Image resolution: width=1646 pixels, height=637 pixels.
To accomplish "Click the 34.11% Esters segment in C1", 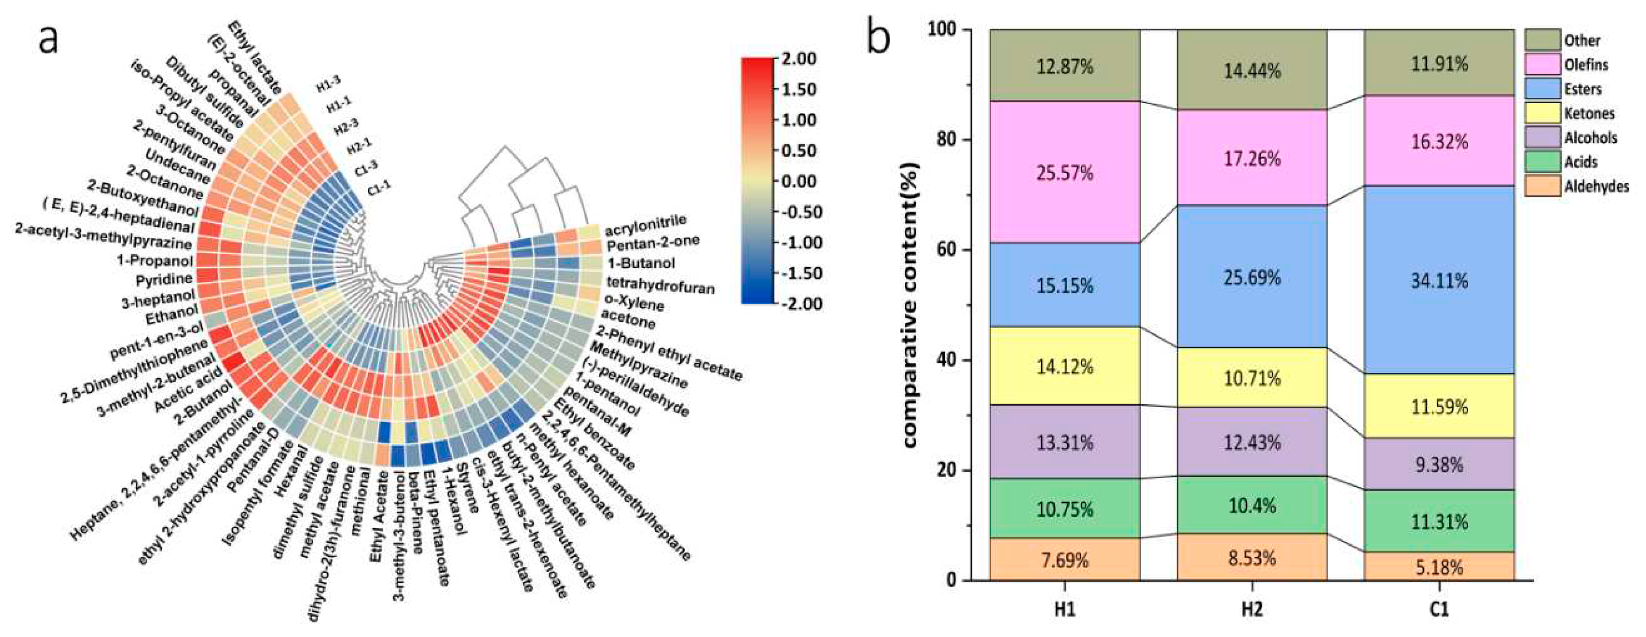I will [1439, 280].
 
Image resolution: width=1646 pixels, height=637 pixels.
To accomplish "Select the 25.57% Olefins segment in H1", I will [1064, 172].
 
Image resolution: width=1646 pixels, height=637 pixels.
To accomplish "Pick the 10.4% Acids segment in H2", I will [1252, 505].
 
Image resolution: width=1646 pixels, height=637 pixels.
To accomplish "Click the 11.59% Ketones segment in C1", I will [1439, 407].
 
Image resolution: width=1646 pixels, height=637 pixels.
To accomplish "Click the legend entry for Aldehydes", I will [1596, 186].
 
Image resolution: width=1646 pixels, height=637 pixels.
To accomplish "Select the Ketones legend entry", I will [1589, 113].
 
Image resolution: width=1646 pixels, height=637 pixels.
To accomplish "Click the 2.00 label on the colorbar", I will [799, 59].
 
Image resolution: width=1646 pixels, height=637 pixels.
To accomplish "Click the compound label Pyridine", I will [164, 279].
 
